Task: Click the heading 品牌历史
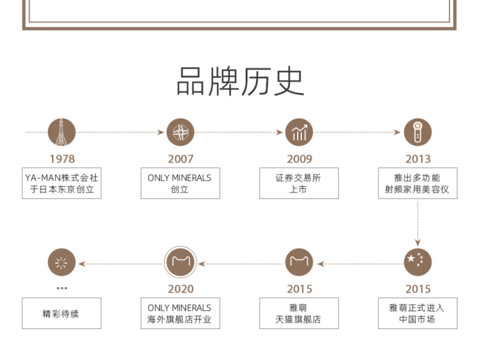click(240, 81)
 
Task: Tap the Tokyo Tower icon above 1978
click(62, 132)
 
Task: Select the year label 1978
click(62, 159)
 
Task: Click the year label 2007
click(180, 159)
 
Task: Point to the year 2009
click(299, 159)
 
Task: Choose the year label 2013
click(418, 159)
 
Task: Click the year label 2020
click(180, 289)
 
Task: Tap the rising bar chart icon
click(299, 132)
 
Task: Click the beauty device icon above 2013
click(418, 132)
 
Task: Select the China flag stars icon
click(418, 262)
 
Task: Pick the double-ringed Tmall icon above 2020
click(180, 262)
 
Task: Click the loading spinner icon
click(62, 262)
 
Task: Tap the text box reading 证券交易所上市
click(299, 183)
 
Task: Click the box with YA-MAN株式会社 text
click(62, 183)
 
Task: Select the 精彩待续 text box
click(62, 313)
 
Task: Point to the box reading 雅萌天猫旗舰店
click(299, 313)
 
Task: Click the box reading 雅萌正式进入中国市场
click(418, 313)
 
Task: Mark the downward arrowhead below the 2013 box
click(418, 242)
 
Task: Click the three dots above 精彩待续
click(62, 288)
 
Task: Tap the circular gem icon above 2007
click(180, 132)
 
